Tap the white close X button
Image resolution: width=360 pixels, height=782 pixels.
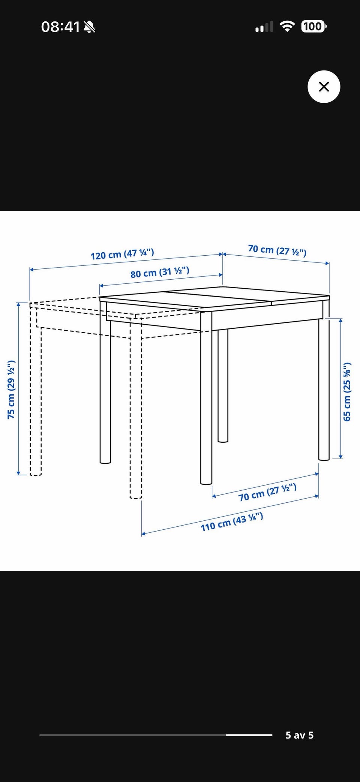click(x=324, y=87)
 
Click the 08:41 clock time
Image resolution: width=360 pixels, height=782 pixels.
click(x=60, y=27)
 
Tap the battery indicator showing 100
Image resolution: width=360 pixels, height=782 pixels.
click(x=313, y=27)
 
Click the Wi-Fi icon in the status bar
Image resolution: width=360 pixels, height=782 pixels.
click(x=287, y=27)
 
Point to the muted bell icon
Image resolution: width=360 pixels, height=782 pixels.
click(x=89, y=27)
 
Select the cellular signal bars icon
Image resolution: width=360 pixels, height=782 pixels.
click(x=264, y=27)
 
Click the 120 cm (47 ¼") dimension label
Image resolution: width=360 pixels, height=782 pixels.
click(x=122, y=254)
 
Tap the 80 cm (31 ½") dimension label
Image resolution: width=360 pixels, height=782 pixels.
click(x=160, y=272)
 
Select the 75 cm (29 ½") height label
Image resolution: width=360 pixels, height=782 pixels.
click(x=11, y=390)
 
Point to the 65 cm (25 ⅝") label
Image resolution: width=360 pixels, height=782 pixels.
click(x=347, y=392)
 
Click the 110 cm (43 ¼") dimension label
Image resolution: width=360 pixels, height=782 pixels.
click(x=232, y=522)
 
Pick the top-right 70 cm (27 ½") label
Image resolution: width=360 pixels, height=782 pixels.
click(x=277, y=250)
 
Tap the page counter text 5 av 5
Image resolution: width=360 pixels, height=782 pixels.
click(x=299, y=735)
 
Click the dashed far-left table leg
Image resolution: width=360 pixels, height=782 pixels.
click(x=36, y=390)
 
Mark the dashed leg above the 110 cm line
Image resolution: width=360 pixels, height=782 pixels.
click(x=136, y=409)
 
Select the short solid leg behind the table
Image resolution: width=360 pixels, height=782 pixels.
click(x=223, y=386)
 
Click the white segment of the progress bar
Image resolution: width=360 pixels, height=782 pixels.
click(x=249, y=735)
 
